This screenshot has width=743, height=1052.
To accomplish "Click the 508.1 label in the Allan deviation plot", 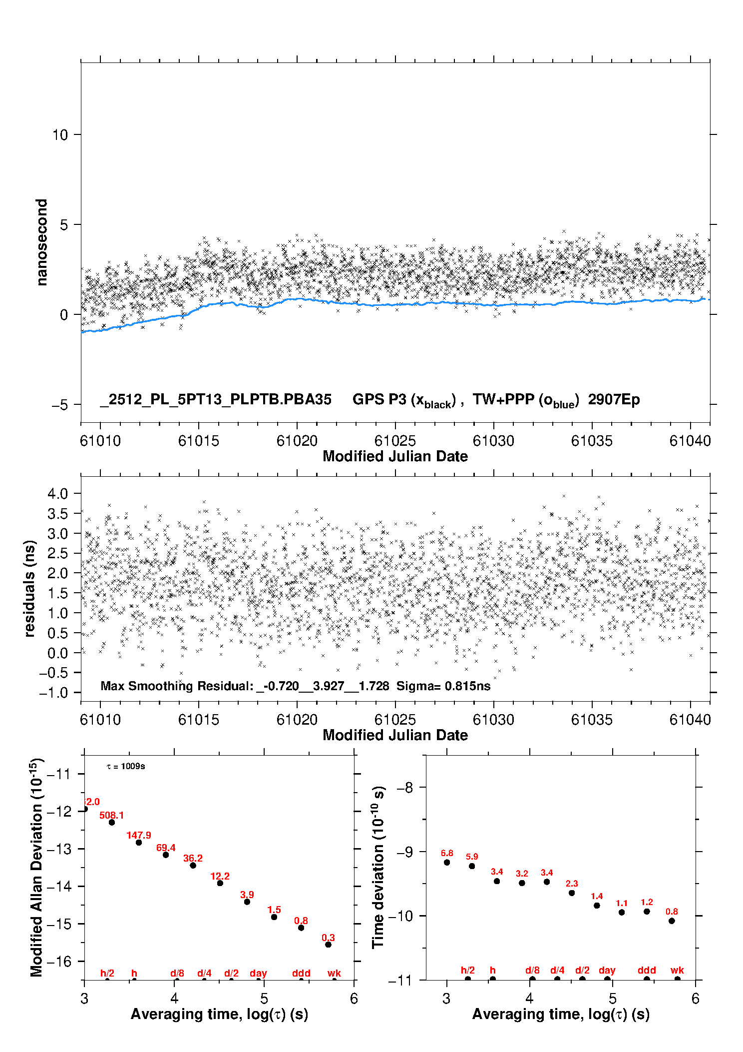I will pyautogui.click(x=111, y=815).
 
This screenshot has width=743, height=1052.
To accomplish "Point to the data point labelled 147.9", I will pyautogui.click(x=139, y=843).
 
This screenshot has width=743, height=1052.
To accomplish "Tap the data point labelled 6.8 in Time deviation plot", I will pyautogui.click(x=447, y=862).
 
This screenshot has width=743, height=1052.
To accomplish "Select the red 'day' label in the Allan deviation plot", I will pyautogui.click(x=258, y=973).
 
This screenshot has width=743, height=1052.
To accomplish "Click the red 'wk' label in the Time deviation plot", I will pyautogui.click(x=677, y=970).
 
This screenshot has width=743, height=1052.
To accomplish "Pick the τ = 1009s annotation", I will pyautogui.click(x=126, y=767).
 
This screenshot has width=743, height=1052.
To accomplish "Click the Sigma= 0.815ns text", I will pyautogui.click(x=443, y=686).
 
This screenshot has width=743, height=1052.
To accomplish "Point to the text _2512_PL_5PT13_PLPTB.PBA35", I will pyautogui.click(x=216, y=399).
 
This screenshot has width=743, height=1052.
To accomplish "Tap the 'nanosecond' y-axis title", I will pyautogui.click(x=41, y=242).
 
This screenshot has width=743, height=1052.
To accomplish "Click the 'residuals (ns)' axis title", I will pyautogui.click(x=29, y=588).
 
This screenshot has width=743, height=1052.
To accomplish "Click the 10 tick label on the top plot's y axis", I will pyautogui.click(x=60, y=135).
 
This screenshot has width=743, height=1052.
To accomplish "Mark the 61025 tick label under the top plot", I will pyautogui.click(x=395, y=441).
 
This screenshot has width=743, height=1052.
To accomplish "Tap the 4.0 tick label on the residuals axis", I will pyautogui.click(x=57, y=494).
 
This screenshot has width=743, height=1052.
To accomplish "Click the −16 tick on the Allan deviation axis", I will pyautogui.click(x=58, y=961).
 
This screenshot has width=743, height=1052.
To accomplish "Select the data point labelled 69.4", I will pyautogui.click(x=166, y=855).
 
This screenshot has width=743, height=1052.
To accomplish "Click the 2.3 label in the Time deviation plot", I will pyautogui.click(x=572, y=884).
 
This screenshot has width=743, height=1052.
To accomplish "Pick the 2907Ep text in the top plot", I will pyautogui.click(x=614, y=399).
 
